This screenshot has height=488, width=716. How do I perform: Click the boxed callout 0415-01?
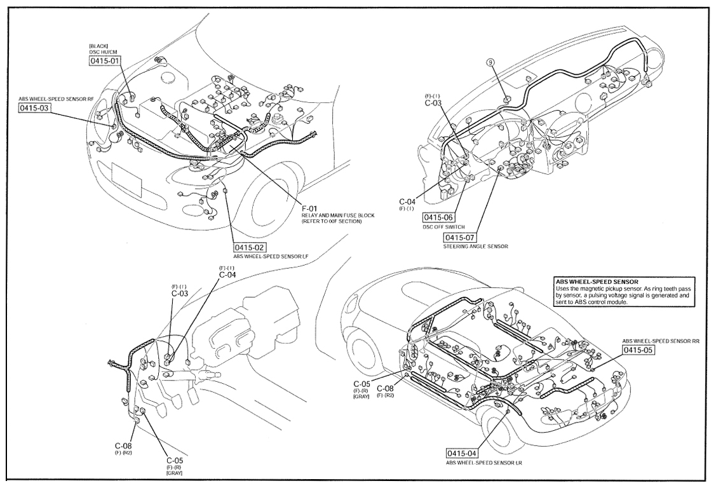click(x=105, y=61)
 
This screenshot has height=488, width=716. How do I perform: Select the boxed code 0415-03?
click(x=34, y=108)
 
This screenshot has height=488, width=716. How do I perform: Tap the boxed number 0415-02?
click(x=250, y=247)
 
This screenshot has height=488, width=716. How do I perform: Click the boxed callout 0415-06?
click(x=438, y=218)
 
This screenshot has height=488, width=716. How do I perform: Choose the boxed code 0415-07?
click(x=460, y=238)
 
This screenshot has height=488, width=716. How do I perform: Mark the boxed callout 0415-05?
click(x=638, y=350)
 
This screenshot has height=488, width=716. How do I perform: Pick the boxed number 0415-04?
click(x=462, y=453)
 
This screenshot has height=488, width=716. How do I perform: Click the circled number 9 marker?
click(x=490, y=63)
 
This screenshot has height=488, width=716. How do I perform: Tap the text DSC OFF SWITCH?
click(x=444, y=227)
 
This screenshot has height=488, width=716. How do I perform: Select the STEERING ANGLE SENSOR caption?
click(x=475, y=247)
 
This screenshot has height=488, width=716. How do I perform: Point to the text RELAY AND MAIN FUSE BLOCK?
click(x=338, y=215)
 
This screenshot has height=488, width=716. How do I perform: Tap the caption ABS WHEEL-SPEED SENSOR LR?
click(x=484, y=463)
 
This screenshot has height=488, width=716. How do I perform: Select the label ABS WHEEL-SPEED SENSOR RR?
click(x=661, y=341)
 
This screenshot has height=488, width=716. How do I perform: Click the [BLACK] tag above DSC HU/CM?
click(x=97, y=46)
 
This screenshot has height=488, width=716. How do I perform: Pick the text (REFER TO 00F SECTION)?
click(x=332, y=221)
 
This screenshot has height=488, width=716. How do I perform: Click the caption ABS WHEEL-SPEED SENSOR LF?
click(x=271, y=257)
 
